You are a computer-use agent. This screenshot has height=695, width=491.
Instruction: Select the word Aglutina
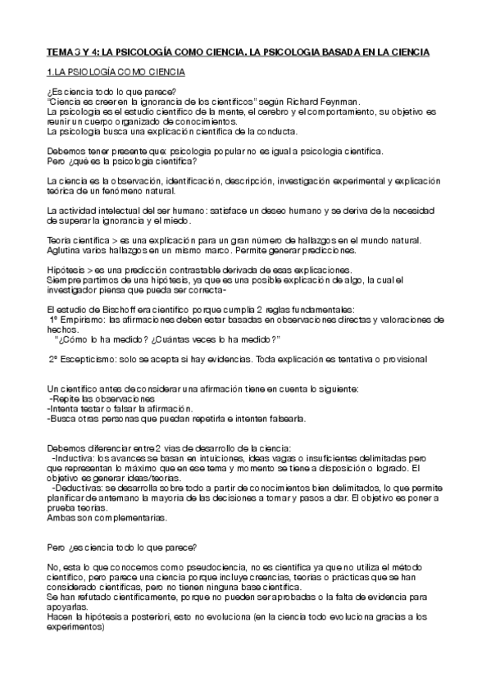point(65,249)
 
